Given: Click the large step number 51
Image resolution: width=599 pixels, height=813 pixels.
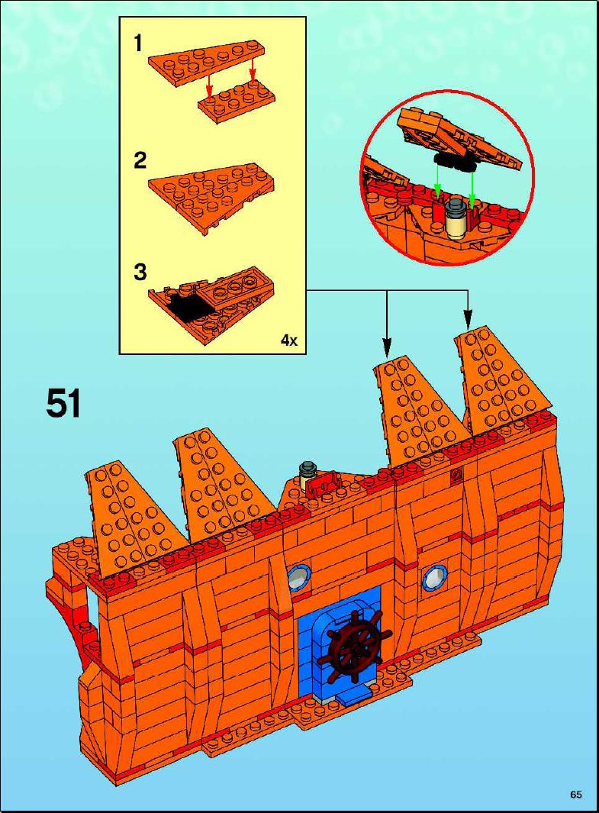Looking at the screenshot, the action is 64,404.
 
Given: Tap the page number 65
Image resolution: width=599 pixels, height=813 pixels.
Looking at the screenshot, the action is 575,795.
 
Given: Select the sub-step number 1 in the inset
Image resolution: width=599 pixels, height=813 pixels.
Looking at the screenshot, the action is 138,44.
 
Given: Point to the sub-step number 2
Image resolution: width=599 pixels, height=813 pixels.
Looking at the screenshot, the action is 140,161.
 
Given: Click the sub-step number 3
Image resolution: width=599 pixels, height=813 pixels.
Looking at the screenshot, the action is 140,273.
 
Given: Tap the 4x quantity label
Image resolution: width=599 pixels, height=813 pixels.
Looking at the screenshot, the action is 289,340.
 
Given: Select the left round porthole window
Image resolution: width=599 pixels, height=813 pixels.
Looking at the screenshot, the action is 298,576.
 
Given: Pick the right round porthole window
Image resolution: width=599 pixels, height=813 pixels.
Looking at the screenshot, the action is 433,577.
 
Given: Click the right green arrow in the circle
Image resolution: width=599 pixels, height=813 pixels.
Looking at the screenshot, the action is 472,185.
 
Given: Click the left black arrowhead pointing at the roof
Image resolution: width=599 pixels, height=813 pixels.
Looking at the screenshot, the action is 387,347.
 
